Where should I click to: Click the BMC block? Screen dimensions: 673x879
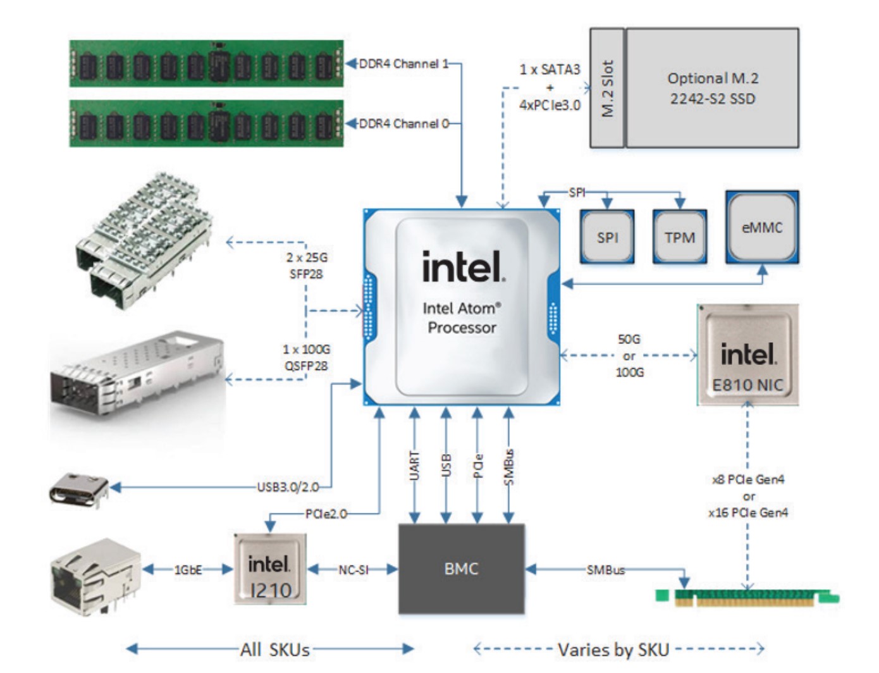[461, 569]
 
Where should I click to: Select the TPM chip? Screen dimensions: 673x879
[680, 237]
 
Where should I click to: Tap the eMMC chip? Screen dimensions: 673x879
[762, 228]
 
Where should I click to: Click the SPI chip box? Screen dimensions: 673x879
[607, 237]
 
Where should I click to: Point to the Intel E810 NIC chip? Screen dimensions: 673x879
[747, 355]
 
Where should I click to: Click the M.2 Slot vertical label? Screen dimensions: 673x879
[608, 88]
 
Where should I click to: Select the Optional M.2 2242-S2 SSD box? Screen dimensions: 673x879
[713, 88]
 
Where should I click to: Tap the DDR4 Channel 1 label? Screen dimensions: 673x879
[403, 64]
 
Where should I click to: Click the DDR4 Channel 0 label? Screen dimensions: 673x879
[403, 124]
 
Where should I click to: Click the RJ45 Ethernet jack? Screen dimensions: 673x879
[95, 576]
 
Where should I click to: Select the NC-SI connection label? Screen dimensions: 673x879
[353, 570]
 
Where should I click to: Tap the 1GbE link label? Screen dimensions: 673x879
[188, 570]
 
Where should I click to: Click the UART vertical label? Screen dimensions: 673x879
[414, 466]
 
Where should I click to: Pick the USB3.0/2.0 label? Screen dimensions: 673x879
[288, 487]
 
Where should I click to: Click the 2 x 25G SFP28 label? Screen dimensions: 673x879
[307, 266]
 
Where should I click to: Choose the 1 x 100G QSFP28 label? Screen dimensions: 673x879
[307, 357]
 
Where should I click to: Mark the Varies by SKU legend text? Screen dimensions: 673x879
[613, 650]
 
